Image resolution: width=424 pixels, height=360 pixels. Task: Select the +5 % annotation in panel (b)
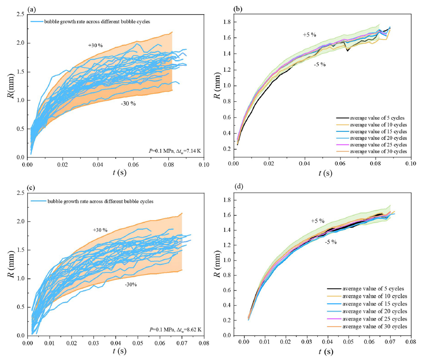point(309,34)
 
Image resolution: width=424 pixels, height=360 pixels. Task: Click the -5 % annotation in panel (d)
point(330,242)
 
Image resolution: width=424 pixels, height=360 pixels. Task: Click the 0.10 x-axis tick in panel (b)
point(411,164)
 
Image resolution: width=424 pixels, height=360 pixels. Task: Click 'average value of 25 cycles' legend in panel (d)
point(372,319)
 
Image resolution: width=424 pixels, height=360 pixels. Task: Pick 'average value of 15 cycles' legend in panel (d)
point(372,304)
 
